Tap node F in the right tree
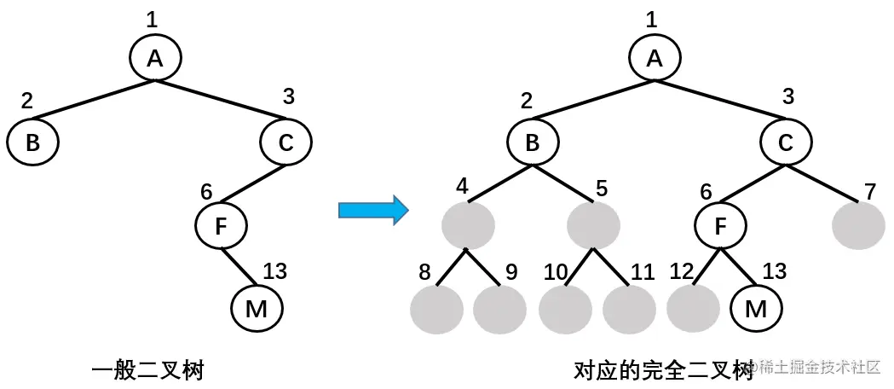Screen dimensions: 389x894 [x=721, y=226]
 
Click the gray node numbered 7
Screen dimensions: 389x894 [x=857, y=226]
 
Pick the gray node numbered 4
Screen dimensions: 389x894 [x=468, y=226]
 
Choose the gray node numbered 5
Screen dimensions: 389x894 [x=593, y=226]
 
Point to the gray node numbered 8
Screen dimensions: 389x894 [x=435, y=309]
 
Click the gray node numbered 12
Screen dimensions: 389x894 [x=693, y=309]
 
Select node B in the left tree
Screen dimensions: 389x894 [x=32, y=142]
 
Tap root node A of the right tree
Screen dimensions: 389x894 [x=655, y=58]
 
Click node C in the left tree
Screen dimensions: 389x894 [x=285, y=142]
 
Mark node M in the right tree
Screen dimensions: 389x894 [x=756, y=309]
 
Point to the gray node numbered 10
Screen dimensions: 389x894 [x=564, y=309]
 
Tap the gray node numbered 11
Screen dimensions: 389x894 [x=629, y=309]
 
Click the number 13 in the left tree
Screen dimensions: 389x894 [x=274, y=272]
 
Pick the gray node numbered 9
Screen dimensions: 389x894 [x=499, y=309]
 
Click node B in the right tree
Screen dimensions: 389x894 [x=532, y=142]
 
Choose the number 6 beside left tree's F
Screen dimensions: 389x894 [x=206, y=190]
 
